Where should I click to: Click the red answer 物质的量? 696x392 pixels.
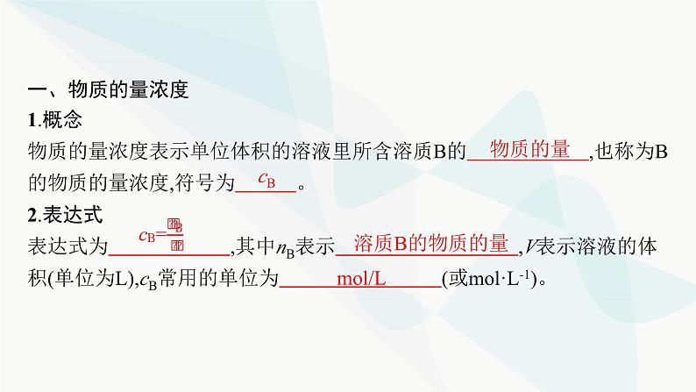point(529,149)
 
